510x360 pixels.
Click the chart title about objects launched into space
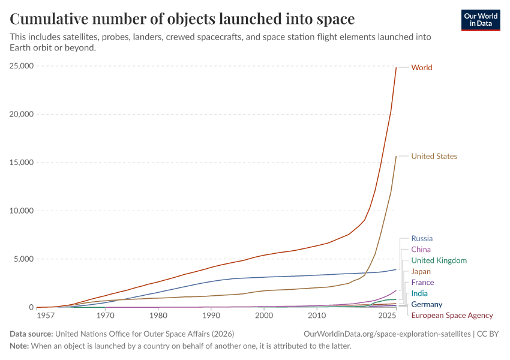click(x=182, y=19)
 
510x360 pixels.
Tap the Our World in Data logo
click(x=480, y=20)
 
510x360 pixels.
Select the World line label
click(x=421, y=68)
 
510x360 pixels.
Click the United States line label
click(x=434, y=157)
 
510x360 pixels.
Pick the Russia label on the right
click(x=422, y=239)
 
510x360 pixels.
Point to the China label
click(x=421, y=250)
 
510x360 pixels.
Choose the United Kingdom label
click(x=439, y=260)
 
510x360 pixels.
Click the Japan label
click(x=421, y=272)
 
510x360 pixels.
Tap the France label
click(x=422, y=283)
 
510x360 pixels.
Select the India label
click(x=419, y=293)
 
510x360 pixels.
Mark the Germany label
click(x=427, y=305)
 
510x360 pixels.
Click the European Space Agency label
click(x=452, y=316)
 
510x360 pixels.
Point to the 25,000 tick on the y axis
click(x=22, y=66)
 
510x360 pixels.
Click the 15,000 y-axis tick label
click(x=22, y=163)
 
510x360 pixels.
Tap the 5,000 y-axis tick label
click(x=24, y=259)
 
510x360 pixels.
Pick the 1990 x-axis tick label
click(x=211, y=316)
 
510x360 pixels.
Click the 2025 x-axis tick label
click(x=387, y=316)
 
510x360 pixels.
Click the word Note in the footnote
click(x=20, y=346)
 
